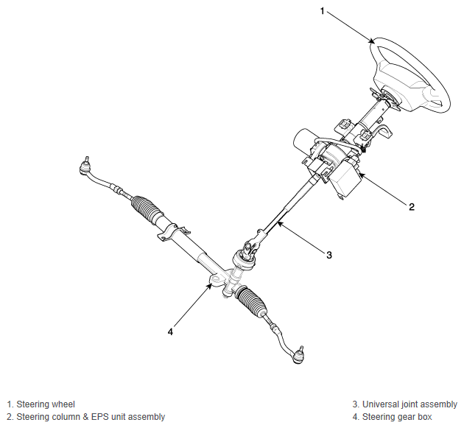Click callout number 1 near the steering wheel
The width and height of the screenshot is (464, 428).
pyautogui.click(x=323, y=11)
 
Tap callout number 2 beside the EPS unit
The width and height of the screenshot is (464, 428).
pyautogui.click(x=412, y=207)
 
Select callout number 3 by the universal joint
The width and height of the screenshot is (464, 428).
pyautogui.click(x=329, y=255)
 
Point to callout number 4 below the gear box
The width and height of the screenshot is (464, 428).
pyautogui.click(x=170, y=331)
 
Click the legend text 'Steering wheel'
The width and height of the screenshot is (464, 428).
pyautogui.click(x=46, y=404)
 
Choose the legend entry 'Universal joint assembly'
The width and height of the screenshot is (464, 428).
pyautogui.click(x=409, y=404)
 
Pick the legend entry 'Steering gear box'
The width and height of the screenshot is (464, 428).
pyautogui.click(x=397, y=417)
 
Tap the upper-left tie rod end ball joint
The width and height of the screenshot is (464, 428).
pyautogui.click(x=85, y=166)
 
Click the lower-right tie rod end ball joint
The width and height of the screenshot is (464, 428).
pyautogui.click(x=298, y=356)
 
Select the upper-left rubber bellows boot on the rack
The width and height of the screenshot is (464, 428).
pyautogui.click(x=147, y=209)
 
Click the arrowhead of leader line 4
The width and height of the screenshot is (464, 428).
pyautogui.click(x=210, y=286)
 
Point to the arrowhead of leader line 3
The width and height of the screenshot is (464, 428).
pyautogui.click(x=279, y=224)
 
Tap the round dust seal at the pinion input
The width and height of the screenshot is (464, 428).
pyautogui.click(x=244, y=261)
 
